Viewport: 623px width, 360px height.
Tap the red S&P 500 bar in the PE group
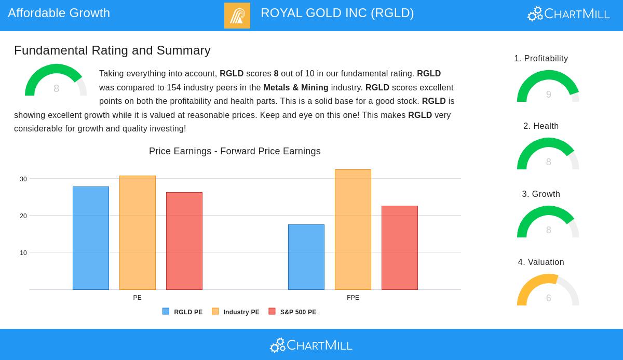click(x=184, y=241)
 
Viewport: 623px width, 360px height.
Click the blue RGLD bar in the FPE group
click(x=306, y=257)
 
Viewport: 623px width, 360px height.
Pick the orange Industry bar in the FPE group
click(x=353, y=230)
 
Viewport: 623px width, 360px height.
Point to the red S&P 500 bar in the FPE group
click(x=400, y=248)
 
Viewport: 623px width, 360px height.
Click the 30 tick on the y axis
click(x=23, y=179)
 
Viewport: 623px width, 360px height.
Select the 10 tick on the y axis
click(x=23, y=253)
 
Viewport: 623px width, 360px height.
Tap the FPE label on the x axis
click(x=353, y=298)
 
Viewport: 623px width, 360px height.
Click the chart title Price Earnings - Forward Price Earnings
click(x=235, y=151)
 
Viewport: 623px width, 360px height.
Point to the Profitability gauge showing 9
click(x=548, y=87)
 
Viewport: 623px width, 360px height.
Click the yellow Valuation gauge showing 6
click(x=548, y=291)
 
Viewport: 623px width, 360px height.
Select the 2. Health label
click(x=541, y=126)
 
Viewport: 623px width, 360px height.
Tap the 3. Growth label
click(x=541, y=194)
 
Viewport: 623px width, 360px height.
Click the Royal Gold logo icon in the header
click(x=237, y=16)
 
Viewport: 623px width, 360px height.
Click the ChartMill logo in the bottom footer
click(x=311, y=345)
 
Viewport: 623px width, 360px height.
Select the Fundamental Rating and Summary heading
click(x=112, y=50)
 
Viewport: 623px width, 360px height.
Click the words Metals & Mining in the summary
click(x=296, y=88)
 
